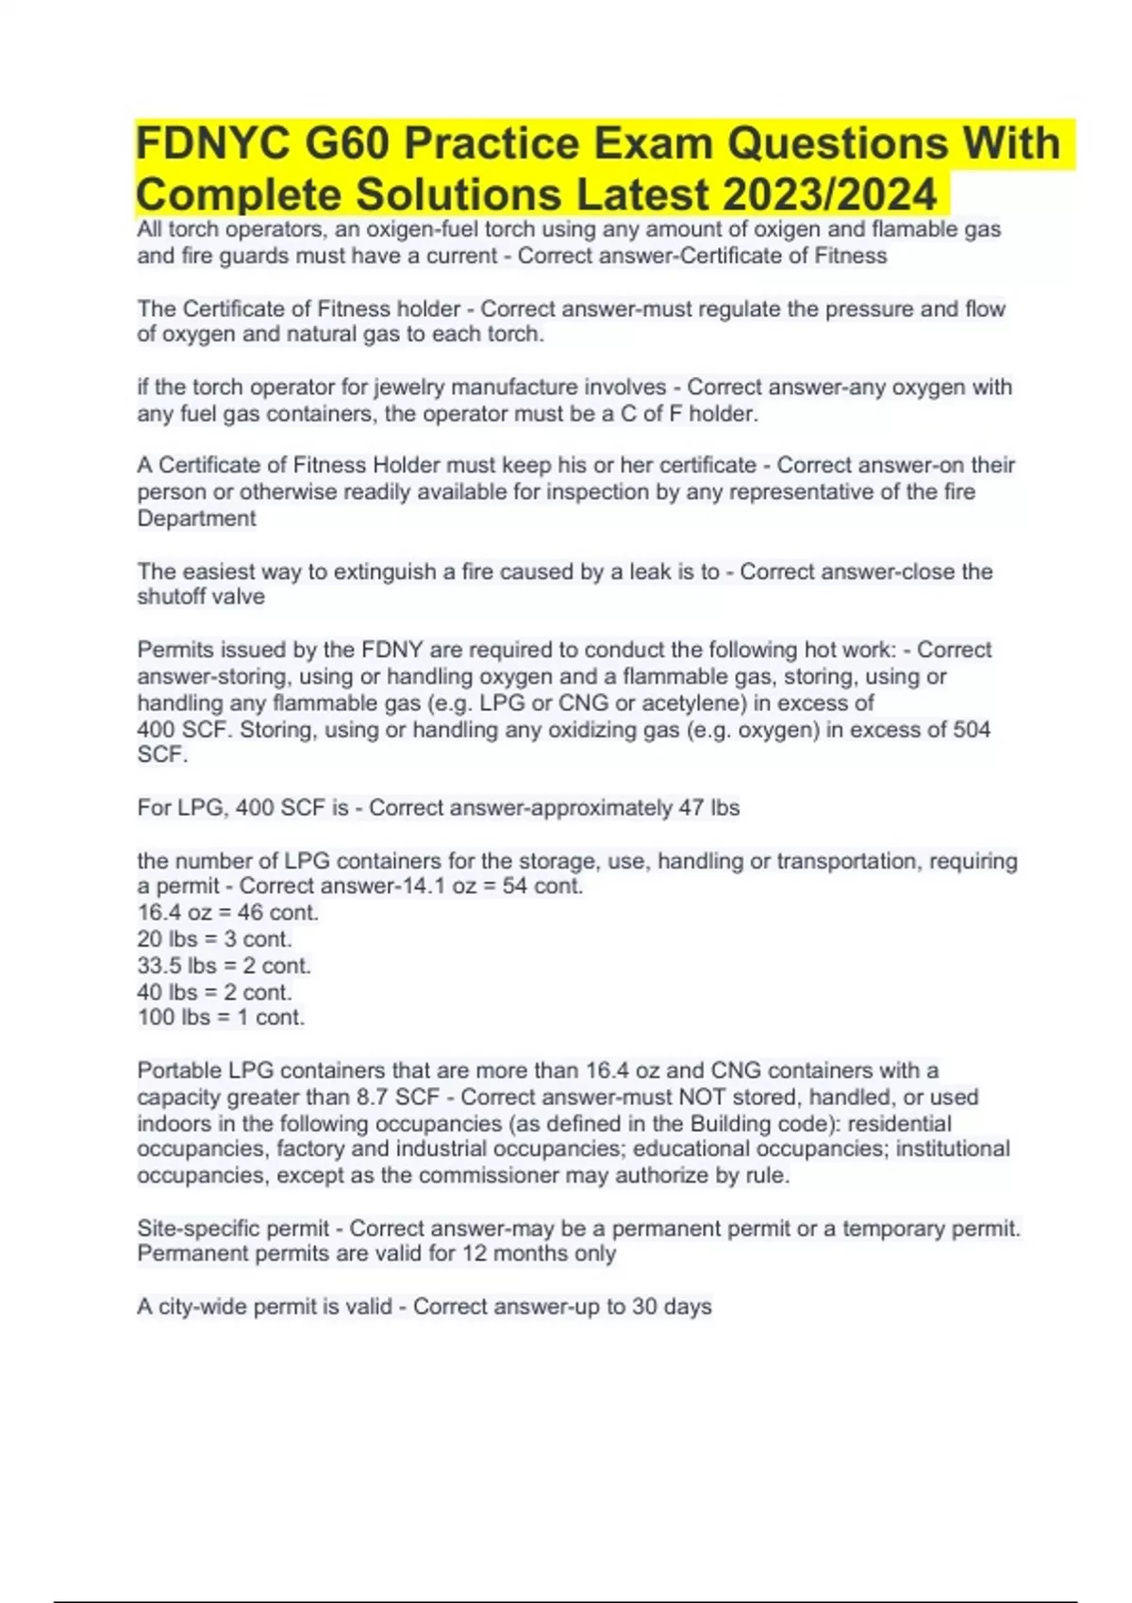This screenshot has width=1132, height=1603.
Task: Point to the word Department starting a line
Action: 196,519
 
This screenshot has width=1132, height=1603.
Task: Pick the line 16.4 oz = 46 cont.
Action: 228,913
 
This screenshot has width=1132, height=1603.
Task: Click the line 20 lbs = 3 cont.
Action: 215,939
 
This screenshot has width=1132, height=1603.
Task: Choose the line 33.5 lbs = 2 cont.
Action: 225,966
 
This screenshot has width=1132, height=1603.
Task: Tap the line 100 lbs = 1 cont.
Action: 222,1017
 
